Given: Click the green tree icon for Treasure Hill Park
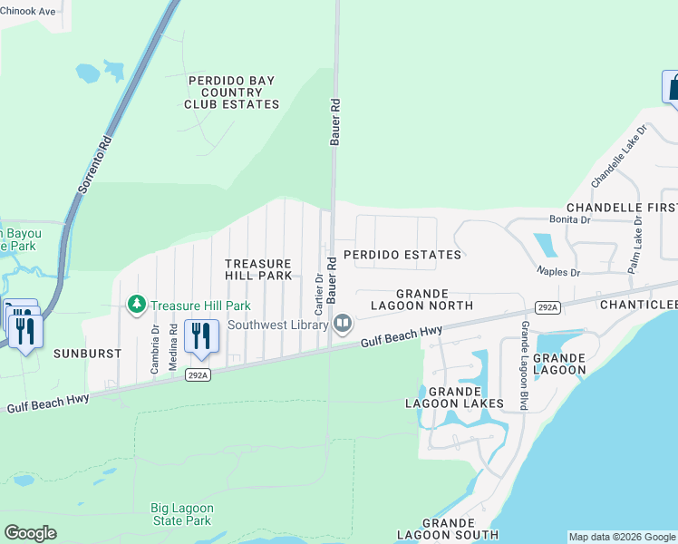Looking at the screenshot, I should pyautogui.click(x=137, y=305).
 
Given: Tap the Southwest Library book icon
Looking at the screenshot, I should pyautogui.click(x=343, y=324).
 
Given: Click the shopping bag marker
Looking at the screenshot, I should pyautogui.click(x=672, y=88).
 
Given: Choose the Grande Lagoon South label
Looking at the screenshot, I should pyautogui.click(x=448, y=529).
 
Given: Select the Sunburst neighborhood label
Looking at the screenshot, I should pyautogui.click(x=87, y=353).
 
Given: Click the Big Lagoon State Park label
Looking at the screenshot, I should pyautogui.click(x=180, y=515).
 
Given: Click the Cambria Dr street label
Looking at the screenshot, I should pyautogui.click(x=152, y=345).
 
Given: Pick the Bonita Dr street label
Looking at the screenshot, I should pyautogui.click(x=569, y=219).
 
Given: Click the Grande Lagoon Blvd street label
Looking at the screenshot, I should pyautogui.click(x=524, y=365).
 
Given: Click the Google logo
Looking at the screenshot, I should pyautogui.click(x=30, y=533).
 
